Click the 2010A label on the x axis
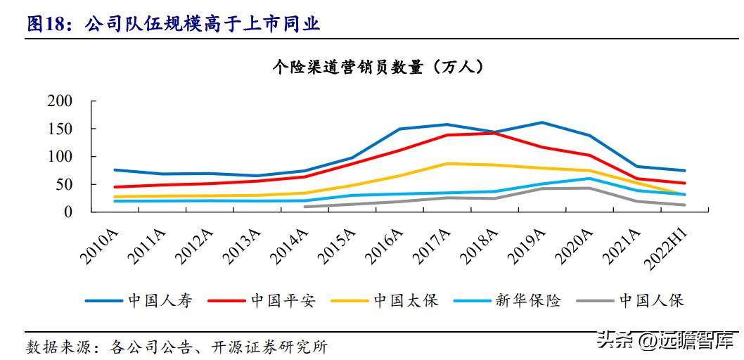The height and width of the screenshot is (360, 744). point(98,243)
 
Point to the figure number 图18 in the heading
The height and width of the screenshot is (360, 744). point(46,25)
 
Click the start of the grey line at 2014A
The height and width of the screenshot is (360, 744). point(304,207)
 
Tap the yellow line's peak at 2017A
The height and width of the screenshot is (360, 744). point(447,163)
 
